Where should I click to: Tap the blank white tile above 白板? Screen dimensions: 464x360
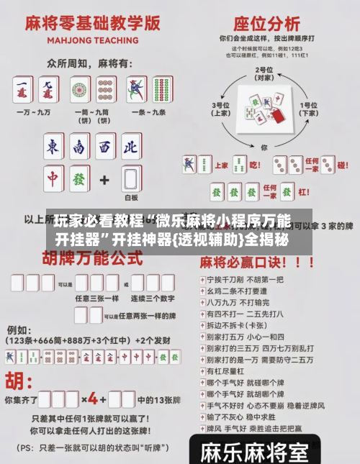coord(130,179)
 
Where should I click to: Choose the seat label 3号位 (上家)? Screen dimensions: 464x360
coord(220,109)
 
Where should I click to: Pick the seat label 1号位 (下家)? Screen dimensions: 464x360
coord(310,109)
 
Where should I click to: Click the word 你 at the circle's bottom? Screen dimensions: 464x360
coord(264,147)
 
